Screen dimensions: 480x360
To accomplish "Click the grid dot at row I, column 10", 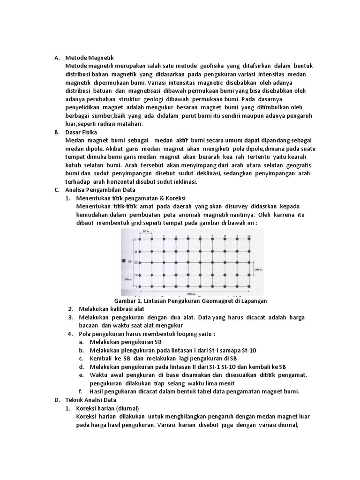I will point(248,239).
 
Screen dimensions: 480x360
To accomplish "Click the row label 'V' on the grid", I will point(134,284).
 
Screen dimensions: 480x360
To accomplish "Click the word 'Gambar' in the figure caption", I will point(125,300).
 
